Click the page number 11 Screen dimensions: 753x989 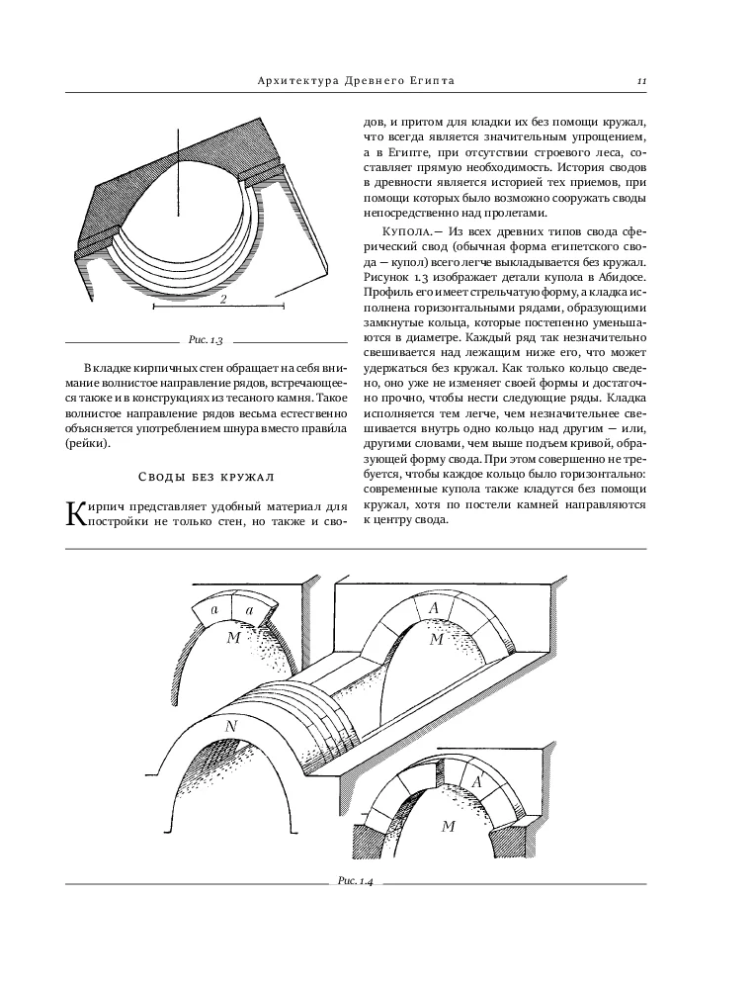pyautogui.click(x=642, y=81)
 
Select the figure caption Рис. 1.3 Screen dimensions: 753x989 pyautogui.click(x=206, y=340)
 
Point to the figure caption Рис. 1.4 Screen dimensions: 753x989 pyautogui.click(x=356, y=881)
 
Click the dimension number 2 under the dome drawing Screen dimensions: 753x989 pyautogui.click(x=223, y=299)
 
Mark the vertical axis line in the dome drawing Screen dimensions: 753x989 pyautogui.click(x=178, y=172)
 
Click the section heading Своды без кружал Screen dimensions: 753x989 pyautogui.click(x=206, y=477)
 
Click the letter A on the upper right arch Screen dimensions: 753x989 pyautogui.click(x=434, y=608)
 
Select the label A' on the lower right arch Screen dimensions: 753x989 pyautogui.click(x=477, y=782)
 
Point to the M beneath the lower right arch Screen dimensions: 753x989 pyautogui.click(x=449, y=826)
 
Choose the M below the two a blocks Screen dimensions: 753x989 pyautogui.click(x=234, y=638)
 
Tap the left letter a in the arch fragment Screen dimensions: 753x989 pyautogui.click(x=214, y=610)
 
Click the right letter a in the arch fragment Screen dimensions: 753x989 pyautogui.click(x=250, y=610)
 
